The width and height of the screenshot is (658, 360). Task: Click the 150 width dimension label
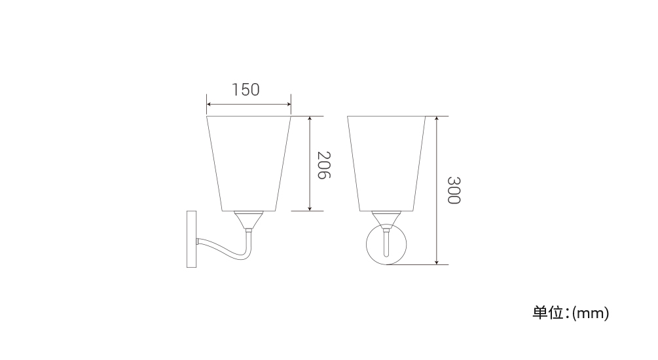click(246, 90)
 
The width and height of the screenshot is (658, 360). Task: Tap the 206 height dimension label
click(324, 165)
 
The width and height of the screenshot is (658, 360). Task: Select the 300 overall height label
click(454, 190)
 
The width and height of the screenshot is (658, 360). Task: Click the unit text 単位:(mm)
click(571, 313)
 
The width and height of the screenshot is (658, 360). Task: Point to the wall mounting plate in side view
click(191, 239)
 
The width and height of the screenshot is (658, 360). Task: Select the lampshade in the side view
click(248, 164)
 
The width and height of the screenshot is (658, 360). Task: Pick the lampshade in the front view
click(386, 164)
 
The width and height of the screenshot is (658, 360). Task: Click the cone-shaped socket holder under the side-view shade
click(248, 220)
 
